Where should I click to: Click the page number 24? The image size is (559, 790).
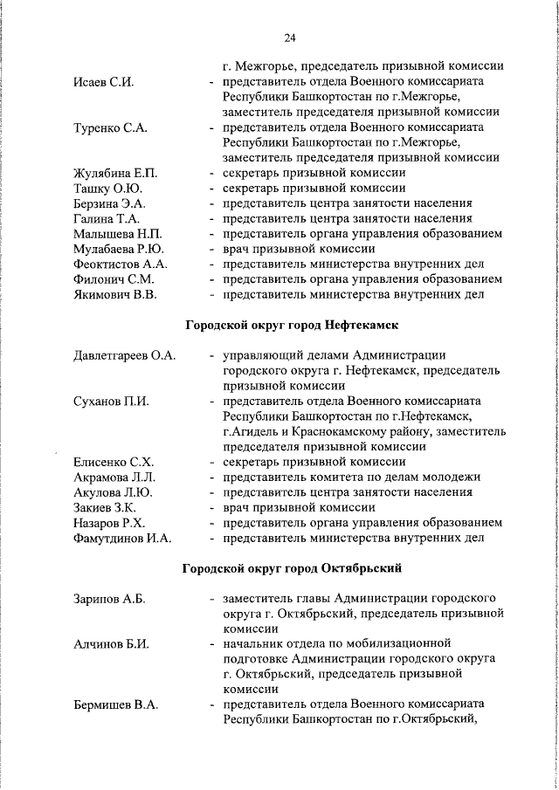pos(291,38)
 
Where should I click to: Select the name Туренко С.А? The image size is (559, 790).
pos(108,128)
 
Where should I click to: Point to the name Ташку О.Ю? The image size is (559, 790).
pos(107,189)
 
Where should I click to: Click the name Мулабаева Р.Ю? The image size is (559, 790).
pos(118,249)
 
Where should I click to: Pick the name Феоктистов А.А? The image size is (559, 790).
pos(121,264)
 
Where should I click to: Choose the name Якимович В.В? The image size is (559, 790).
pos(114,294)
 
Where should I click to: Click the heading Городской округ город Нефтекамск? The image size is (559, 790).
pos(292,326)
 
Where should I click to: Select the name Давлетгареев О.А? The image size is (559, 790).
pos(124,355)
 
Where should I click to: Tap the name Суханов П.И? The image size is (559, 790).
pos(111,402)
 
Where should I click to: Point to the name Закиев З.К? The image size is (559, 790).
pos(106,507)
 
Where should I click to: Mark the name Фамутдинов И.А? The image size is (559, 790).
pos(122,538)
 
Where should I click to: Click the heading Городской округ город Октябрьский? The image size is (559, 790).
pos(292,568)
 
